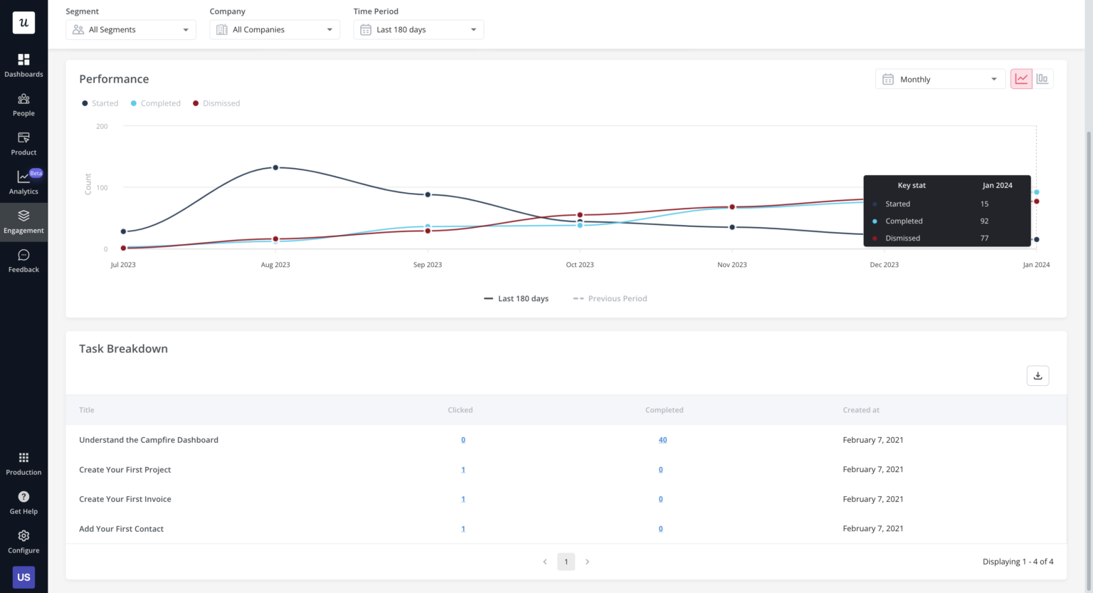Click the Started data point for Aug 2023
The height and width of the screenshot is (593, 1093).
tap(275, 168)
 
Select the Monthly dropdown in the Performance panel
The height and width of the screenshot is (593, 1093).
tap(939, 79)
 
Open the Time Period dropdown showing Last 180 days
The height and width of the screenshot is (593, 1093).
tap(418, 30)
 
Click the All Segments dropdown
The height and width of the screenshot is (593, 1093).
tap(131, 30)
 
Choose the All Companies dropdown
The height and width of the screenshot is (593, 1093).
tap(275, 30)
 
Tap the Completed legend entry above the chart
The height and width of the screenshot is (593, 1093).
tap(160, 103)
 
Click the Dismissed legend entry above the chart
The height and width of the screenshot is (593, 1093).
tap(221, 103)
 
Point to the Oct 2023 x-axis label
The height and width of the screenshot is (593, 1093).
tap(580, 265)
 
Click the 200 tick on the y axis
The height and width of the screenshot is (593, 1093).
tap(102, 126)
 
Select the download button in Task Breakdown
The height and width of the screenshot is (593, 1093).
tap(1037, 376)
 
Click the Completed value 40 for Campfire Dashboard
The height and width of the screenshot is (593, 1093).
tap(662, 440)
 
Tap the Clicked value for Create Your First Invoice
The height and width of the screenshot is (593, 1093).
tap(463, 499)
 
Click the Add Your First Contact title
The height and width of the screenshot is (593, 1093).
tap(122, 529)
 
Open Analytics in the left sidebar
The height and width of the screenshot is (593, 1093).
tap(23, 182)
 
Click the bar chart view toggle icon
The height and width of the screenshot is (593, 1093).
tap(1042, 79)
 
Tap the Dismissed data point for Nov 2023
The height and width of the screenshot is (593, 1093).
tap(732, 207)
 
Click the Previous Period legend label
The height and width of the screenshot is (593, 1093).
tap(617, 299)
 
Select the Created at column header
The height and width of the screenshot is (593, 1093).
tap(861, 410)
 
